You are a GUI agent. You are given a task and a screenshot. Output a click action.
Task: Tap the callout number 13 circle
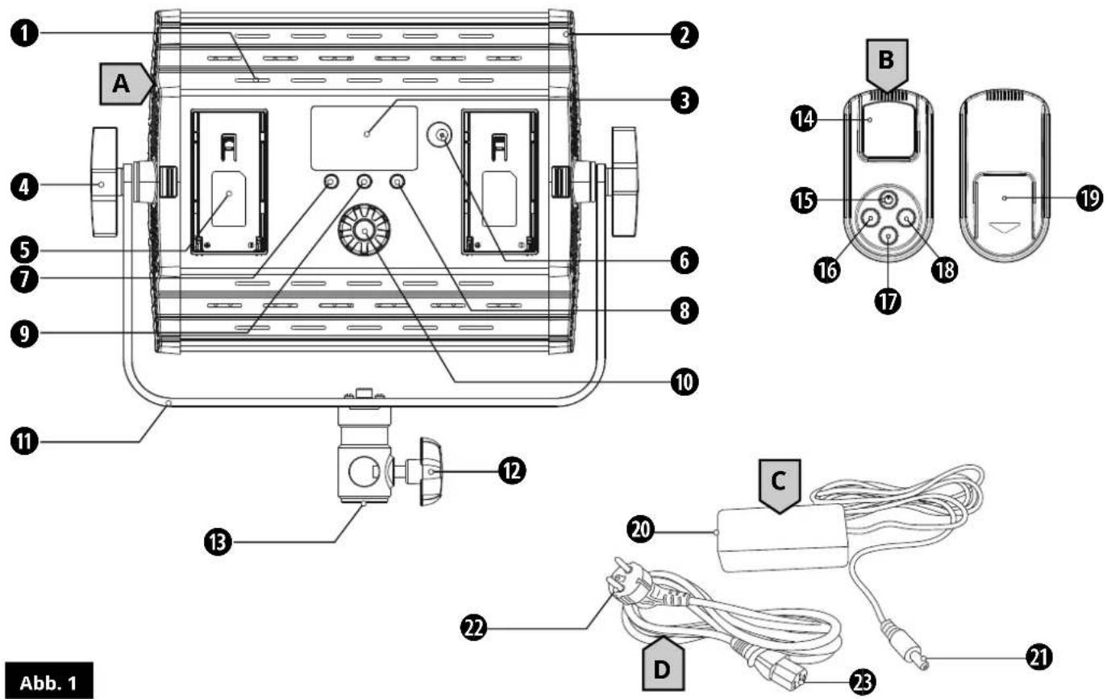pos(218,543)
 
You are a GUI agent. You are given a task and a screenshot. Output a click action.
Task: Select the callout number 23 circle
pos(863,683)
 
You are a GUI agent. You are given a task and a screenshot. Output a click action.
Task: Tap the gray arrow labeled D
pos(663,664)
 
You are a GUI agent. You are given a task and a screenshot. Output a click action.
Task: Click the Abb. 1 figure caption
pos(48,680)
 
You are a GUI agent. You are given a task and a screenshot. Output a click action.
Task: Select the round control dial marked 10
pos(364,230)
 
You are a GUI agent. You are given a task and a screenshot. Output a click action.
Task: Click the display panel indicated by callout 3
pos(364,138)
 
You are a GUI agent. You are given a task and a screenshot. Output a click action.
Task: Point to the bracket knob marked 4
pos(105,182)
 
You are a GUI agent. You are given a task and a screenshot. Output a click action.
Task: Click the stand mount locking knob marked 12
pos(430,471)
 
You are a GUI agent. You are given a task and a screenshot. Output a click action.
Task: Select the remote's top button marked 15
pos(888,200)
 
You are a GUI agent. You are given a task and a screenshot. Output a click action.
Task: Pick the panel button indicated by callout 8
pos(397,182)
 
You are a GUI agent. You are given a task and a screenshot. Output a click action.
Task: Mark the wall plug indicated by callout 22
pos(625,585)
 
